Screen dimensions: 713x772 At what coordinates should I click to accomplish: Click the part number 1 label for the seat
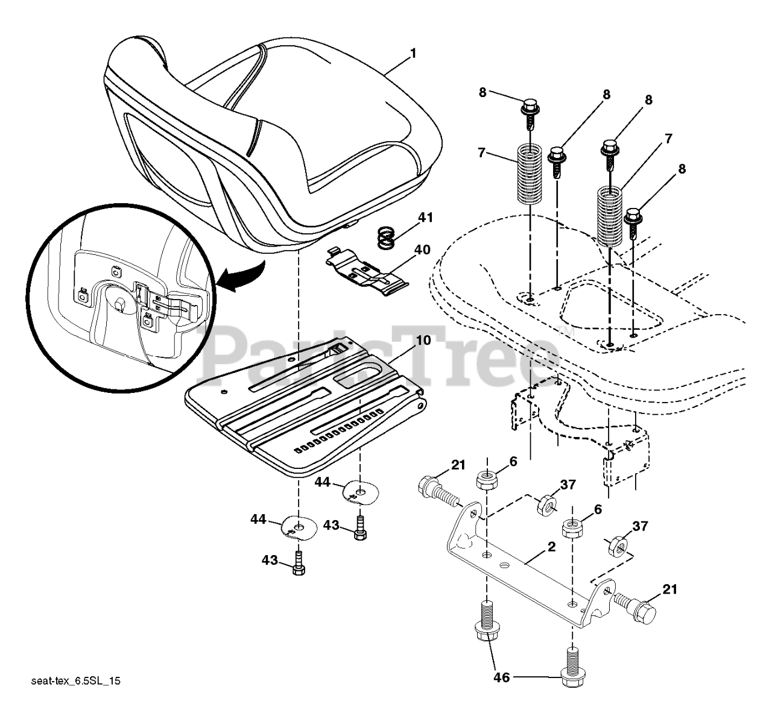point(413,54)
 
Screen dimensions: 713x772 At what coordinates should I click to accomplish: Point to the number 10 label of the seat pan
point(423,340)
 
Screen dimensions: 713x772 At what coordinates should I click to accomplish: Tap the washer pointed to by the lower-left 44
point(297,527)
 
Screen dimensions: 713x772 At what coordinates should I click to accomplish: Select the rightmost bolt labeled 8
point(633,219)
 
